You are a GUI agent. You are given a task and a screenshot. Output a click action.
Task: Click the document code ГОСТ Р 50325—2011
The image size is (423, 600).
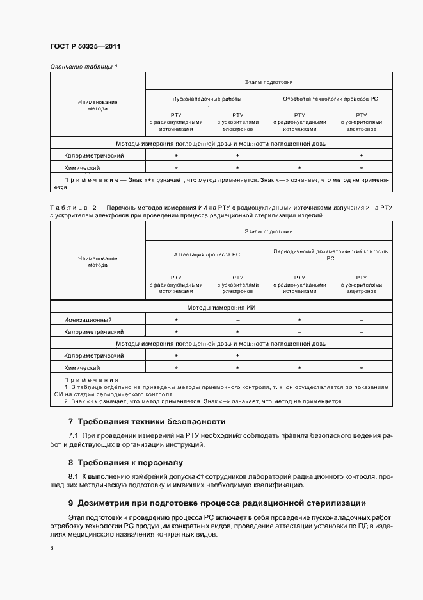pyautogui.click(x=85, y=47)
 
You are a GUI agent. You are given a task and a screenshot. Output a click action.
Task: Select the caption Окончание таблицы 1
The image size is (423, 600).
pyautogui.click(x=84, y=67)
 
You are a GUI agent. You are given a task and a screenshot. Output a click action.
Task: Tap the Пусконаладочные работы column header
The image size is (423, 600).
pyautogui.click(x=207, y=99)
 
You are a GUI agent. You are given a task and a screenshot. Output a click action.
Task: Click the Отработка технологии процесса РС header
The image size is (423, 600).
pyautogui.click(x=330, y=99)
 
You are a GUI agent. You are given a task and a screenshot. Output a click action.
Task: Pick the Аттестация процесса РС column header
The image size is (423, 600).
pyautogui.click(x=207, y=254)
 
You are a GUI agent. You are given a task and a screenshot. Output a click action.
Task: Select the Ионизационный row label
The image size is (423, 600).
pyautogui.click(x=88, y=319)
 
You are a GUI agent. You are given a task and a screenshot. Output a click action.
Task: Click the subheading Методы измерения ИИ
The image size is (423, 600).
pyautogui.click(x=221, y=308)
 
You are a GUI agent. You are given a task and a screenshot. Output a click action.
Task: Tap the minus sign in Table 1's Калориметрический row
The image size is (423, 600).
pyautogui.click(x=299, y=156)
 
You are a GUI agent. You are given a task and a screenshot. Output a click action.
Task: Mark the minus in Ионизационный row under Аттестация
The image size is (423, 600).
pyautogui.click(x=237, y=319)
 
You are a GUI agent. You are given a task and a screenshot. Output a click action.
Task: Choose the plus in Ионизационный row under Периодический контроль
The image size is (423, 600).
pyautogui.click(x=299, y=319)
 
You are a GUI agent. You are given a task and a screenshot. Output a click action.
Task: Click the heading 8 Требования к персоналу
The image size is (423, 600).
pyautogui.click(x=125, y=462)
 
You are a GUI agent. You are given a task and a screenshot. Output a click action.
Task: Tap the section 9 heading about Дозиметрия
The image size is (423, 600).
pyautogui.click(x=217, y=503)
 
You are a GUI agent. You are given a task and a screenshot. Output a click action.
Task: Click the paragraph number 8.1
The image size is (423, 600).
pyautogui.click(x=73, y=477)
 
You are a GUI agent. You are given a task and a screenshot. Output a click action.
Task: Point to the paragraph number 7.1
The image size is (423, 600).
pyautogui.click(x=73, y=436)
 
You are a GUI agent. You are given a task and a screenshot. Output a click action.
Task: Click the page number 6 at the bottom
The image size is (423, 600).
pyautogui.click(x=52, y=548)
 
